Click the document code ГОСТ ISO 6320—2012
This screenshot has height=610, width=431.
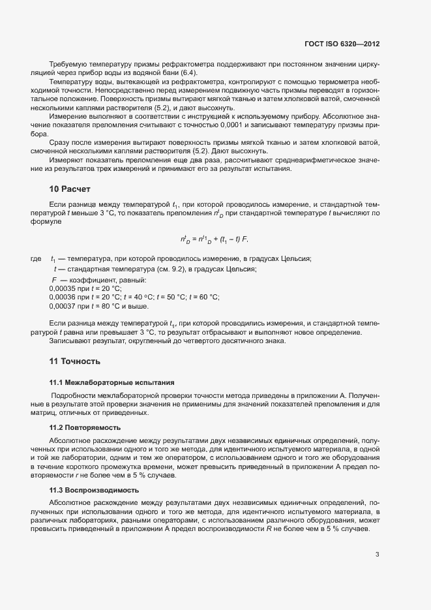click(x=342, y=44)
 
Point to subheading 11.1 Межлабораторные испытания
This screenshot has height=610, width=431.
click(x=111, y=382)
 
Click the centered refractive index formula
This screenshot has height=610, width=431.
click(x=215, y=239)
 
